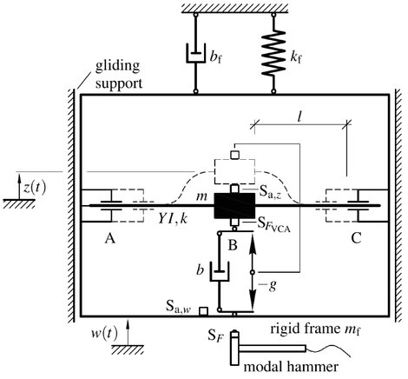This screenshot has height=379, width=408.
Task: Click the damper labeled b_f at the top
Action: point(195,53)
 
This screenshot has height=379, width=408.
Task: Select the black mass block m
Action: point(234,206)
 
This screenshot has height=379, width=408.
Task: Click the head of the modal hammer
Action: point(234,349)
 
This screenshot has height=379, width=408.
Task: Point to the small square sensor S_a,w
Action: point(203,311)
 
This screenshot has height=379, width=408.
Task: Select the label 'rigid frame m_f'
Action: point(316,329)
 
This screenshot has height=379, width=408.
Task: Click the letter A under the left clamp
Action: point(110,239)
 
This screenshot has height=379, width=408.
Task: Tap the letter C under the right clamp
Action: point(357,239)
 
